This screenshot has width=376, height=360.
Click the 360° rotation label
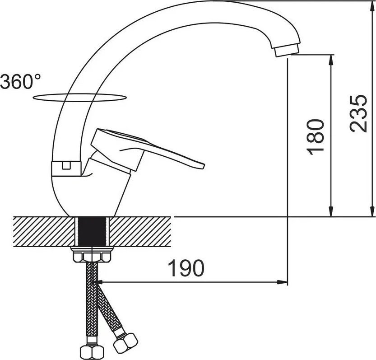[x=20, y=81]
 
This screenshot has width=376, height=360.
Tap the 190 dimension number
[x=186, y=268]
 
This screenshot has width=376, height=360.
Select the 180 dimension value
[x=315, y=137]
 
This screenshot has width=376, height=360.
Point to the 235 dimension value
[x=358, y=113]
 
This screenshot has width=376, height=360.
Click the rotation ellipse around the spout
[x=79, y=98]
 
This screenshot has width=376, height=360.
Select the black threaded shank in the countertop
[x=92, y=231]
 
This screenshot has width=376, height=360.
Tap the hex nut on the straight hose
[x=92, y=352]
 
